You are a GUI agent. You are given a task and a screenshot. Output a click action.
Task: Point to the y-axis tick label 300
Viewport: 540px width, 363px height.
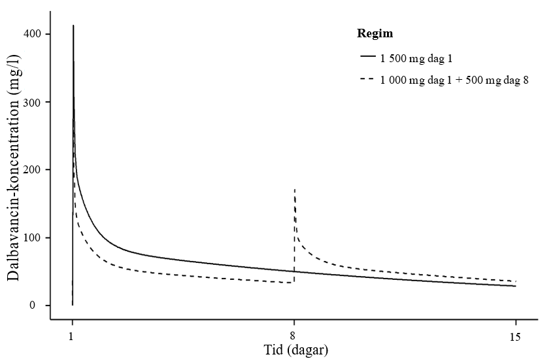tap(36, 102)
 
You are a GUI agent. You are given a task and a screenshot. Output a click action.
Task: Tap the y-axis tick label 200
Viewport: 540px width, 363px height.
tap(36, 170)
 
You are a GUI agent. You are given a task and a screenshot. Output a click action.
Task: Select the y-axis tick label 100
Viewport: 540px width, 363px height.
tap(36, 237)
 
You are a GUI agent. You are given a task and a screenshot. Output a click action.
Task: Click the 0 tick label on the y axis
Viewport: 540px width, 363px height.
tap(41, 305)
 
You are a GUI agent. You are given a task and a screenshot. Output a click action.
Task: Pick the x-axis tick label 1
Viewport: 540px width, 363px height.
tap(73, 337)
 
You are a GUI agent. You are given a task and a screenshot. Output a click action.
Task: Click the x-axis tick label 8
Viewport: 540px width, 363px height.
tap(294, 337)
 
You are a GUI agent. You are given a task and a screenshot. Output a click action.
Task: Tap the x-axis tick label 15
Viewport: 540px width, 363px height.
tap(516, 337)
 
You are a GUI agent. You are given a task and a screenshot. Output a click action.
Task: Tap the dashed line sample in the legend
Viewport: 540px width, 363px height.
tap(366, 80)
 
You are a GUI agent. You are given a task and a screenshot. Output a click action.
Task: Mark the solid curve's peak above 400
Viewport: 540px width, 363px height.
tap(73, 26)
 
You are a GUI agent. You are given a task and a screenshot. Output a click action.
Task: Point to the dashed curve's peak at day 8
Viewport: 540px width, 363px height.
tap(295, 189)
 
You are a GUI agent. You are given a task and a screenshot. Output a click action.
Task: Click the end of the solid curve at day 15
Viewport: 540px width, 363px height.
tap(516, 286)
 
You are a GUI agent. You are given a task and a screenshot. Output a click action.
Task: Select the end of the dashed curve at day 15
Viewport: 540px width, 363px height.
tap(516, 281)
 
